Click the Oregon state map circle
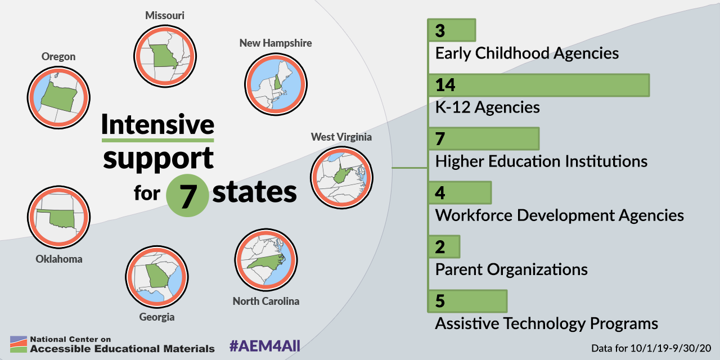tap(58, 98)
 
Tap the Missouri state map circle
tap(165, 56)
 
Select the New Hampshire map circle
tap(276, 84)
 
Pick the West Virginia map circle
tap(341, 178)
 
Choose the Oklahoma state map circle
tap(58, 217)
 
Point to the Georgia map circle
tap(157, 277)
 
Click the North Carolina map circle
tap(266, 260)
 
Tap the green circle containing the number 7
tap(187, 195)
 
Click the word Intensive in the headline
tap(158, 125)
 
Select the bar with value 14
tap(539, 85)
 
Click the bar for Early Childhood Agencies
tap(452, 30)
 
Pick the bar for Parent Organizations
tap(444, 246)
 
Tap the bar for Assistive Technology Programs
tap(467, 301)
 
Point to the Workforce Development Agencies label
tap(559, 215)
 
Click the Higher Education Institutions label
tap(541, 161)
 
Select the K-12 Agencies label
tap(487, 107)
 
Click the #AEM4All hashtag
tap(265, 346)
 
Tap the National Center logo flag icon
tap(19, 344)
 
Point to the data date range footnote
tap(651, 348)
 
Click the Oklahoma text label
tap(59, 259)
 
